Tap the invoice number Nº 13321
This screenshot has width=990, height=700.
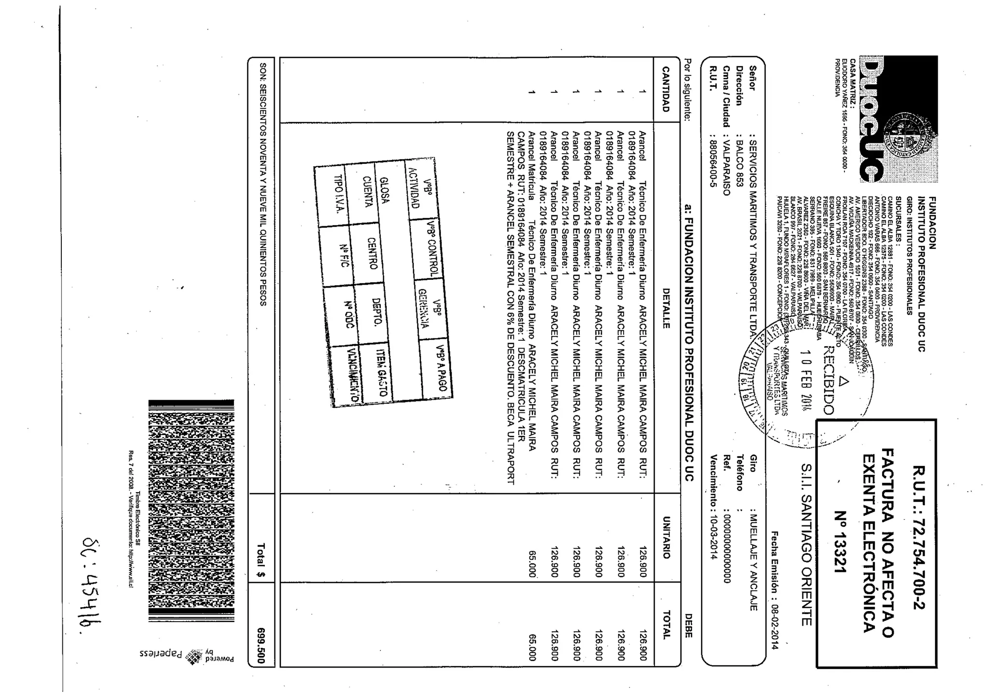pyautogui.click(x=841, y=542)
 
